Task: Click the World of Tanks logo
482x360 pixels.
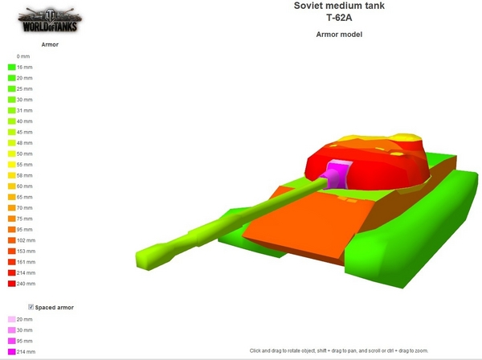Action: coord(50,19)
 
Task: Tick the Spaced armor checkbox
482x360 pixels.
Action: coord(31,307)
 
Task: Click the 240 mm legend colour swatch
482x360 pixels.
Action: coord(12,284)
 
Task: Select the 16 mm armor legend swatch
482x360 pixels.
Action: coord(12,67)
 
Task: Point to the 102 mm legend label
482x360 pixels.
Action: coord(27,240)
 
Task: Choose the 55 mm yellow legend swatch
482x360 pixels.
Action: coord(12,165)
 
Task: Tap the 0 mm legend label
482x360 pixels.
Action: coord(23,56)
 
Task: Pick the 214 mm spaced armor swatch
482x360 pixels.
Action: coord(12,352)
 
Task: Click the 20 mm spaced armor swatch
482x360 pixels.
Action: coord(12,319)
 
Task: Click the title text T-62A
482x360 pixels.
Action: coord(339,18)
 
